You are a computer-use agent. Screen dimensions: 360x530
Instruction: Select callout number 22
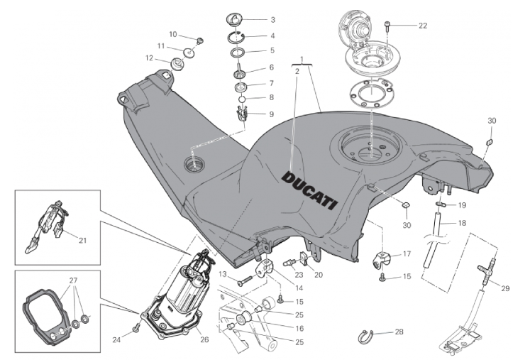tap(422, 26)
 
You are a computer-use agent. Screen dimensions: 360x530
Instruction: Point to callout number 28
tap(399, 332)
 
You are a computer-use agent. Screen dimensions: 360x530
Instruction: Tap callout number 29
tap(505, 288)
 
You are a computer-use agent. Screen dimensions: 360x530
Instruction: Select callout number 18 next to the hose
tap(462, 223)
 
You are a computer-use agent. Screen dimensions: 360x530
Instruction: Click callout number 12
tap(150, 58)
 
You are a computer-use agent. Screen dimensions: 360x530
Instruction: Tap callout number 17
tap(407, 253)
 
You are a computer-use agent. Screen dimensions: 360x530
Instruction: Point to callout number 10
tap(172, 34)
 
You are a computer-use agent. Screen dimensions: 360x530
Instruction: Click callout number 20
tap(318, 275)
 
